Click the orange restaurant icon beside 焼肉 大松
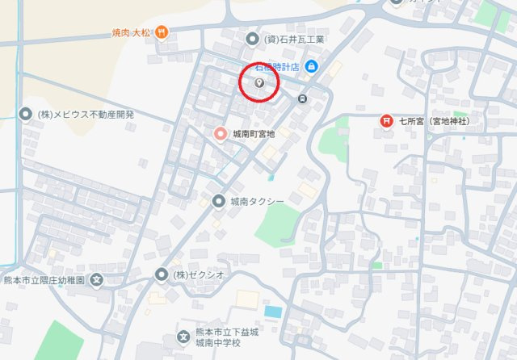point(162,31)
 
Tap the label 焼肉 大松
point(132,32)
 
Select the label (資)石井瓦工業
point(294,39)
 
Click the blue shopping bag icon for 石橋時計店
point(313,66)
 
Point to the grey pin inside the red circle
point(259,82)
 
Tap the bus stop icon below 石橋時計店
point(302,99)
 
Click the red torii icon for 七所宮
point(387,121)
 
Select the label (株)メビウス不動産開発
point(86,114)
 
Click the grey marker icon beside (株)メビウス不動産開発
point(23,114)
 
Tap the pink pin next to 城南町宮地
point(219,133)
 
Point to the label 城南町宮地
point(253,133)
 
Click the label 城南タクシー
point(257,201)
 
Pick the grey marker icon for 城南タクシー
point(218,201)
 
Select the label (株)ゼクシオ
point(200,274)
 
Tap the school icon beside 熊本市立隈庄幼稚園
point(97,280)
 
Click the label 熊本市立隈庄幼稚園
point(45,280)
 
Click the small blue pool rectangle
point(273,312)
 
